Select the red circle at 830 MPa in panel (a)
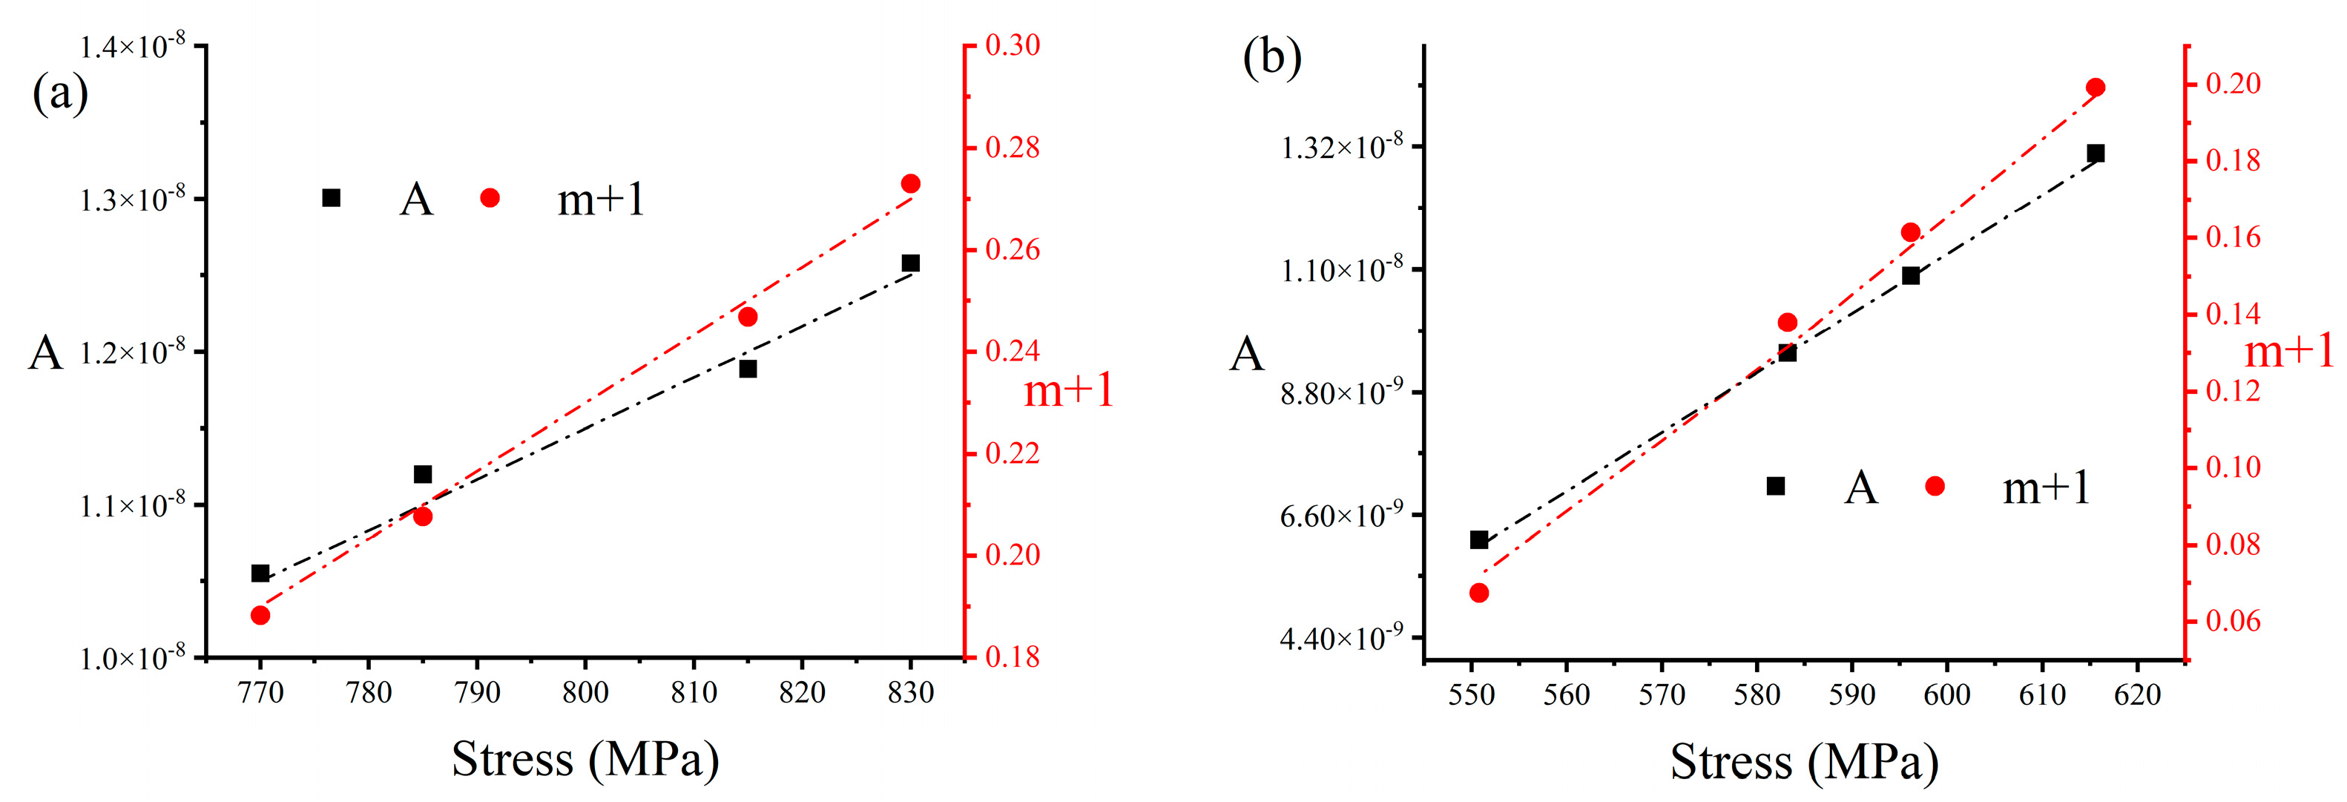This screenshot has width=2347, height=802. (910, 184)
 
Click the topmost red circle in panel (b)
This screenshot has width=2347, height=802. (2096, 88)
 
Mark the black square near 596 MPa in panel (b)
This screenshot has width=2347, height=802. (1911, 275)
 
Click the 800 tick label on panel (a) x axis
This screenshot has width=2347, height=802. (585, 694)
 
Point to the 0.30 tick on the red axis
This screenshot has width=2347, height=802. (1013, 45)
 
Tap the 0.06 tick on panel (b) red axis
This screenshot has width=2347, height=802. (2233, 622)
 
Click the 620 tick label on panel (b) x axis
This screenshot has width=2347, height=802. (2138, 695)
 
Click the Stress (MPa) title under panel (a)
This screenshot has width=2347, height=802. (585, 759)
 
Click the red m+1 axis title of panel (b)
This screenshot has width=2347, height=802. (2288, 352)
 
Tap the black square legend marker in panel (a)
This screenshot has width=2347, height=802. (332, 198)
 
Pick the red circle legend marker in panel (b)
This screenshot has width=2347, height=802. (1935, 487)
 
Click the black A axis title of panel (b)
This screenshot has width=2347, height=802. (1246, 355)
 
